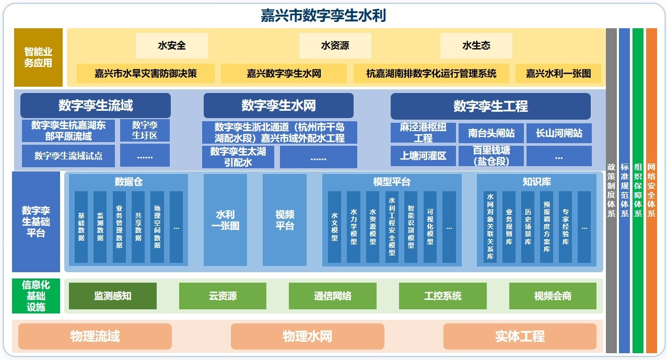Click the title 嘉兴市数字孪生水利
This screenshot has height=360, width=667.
323,16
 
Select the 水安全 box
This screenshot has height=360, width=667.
172,45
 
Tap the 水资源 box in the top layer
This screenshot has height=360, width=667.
335,45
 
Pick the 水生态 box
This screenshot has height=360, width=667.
476,45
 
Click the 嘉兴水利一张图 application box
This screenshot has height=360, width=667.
558,73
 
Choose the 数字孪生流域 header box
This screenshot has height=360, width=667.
96,106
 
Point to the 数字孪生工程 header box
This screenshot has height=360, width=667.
491,106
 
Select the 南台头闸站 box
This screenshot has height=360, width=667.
491,133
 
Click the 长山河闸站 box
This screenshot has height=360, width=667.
559,133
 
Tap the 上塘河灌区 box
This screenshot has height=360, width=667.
423,156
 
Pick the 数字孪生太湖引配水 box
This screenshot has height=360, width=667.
238,157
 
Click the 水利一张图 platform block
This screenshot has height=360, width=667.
226,220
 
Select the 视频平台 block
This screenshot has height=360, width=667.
285,220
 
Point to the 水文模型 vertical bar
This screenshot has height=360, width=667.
334,227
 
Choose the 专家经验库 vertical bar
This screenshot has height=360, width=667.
566,227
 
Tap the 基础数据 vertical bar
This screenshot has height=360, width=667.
81,227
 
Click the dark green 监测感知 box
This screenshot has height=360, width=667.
112,296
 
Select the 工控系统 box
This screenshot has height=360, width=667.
443,296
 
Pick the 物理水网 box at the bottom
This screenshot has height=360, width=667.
307,336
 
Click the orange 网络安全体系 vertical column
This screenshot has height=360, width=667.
651,191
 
